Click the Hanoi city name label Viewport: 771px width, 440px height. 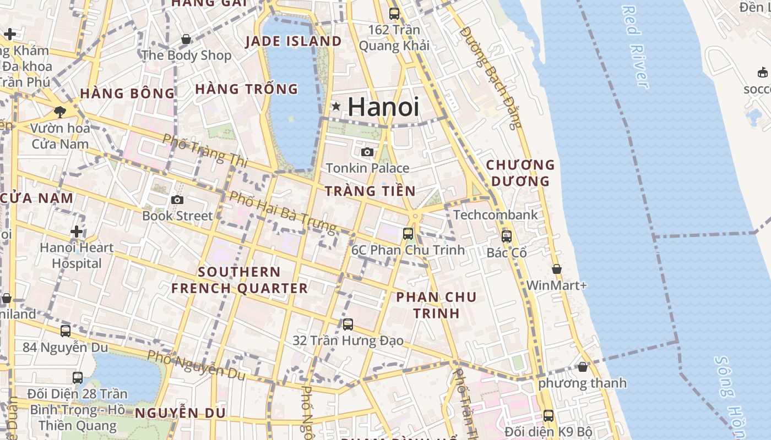383,107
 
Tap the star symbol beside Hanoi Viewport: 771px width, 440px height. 336,106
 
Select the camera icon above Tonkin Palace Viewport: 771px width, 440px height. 367,152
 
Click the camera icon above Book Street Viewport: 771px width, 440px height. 177,200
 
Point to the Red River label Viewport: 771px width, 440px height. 635,47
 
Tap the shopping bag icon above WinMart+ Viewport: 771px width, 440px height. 557,269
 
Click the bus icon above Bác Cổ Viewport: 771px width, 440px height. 507,237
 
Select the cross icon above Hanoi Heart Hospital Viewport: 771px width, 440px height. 77,232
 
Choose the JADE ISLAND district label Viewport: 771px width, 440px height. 293,41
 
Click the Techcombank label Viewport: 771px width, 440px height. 495,215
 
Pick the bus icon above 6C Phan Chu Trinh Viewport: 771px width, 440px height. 408,233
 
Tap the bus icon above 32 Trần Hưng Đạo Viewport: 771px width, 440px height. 348,324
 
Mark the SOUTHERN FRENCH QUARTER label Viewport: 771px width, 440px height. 239,280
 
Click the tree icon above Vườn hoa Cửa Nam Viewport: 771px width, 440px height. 60,112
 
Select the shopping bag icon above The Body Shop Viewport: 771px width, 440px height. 186,39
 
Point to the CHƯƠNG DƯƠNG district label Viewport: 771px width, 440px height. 520,173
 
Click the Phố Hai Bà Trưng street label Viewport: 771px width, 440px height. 283,212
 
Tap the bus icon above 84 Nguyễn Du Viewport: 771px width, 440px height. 66,331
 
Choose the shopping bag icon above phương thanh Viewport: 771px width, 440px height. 583,366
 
